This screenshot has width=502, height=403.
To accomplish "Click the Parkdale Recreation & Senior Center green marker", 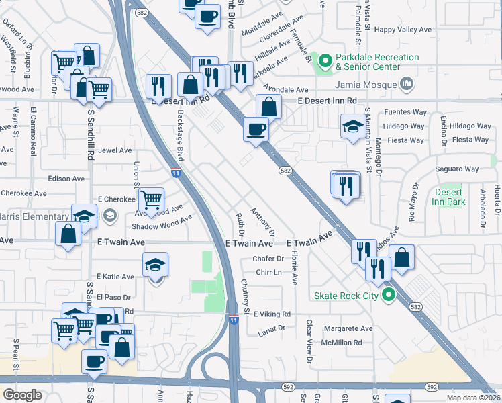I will tap(325, 62).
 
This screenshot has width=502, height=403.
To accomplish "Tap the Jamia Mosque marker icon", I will tap(406, 84).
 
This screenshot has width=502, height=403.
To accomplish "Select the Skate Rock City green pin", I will tap(387, 296).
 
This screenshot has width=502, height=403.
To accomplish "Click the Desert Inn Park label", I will tap(448, 197).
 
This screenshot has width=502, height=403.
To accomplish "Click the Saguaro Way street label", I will tap(456, 169).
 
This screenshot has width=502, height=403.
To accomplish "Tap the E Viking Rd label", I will tap(271, 314).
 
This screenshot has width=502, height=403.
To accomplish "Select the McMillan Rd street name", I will tap(342, 342).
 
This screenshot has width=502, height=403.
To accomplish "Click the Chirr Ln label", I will tap(267, 273).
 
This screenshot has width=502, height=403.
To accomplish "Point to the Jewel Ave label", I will tap(115, 151).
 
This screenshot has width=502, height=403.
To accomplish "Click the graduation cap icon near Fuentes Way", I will tap(352, 126).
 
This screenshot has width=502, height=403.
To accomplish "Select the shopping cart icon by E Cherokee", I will tap(152, 199).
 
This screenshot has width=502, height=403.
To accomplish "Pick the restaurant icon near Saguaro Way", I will tap(346, 185).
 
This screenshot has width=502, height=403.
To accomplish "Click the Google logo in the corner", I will tap(22, 395).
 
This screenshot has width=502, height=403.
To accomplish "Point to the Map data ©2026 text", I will tap(473, 398).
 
